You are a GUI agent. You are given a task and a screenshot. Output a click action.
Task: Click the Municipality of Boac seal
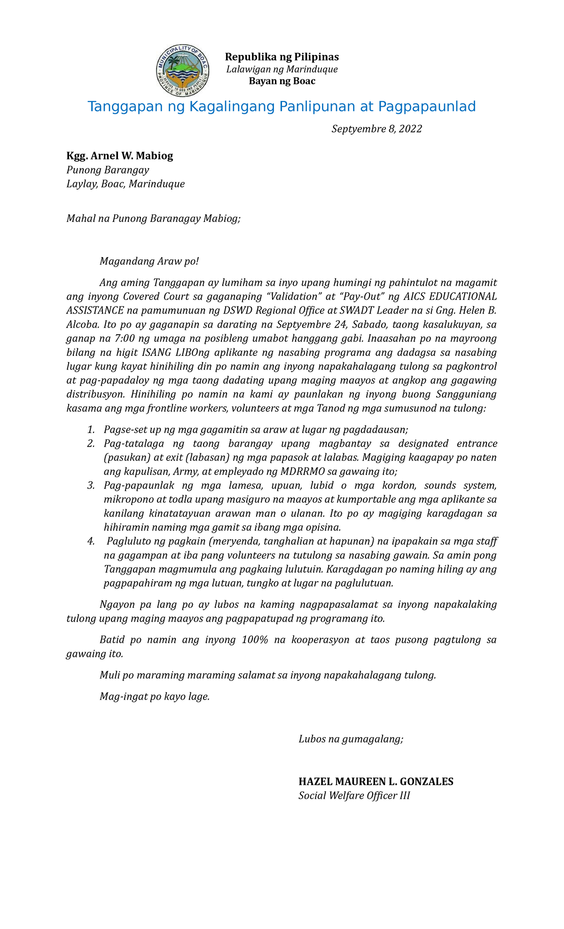point(182,71)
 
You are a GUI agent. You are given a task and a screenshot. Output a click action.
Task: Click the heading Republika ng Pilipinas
point(282,57)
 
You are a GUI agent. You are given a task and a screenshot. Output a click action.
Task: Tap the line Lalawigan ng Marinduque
point(282,70)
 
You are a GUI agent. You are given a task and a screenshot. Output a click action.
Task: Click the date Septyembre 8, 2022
point(376,129)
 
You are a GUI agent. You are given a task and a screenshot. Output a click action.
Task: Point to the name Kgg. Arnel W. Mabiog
point(120,156)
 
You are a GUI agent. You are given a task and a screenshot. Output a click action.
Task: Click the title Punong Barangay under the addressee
point(108,170)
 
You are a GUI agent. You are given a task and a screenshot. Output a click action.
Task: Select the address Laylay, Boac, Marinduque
point(125,184)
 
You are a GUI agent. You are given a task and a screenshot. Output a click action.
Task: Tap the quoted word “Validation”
point(292,297)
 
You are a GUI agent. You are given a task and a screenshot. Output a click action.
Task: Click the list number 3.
point(91,485)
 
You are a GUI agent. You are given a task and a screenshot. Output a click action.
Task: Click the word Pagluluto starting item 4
point(129,542)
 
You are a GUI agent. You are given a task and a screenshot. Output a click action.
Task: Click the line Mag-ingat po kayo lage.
point(154,697)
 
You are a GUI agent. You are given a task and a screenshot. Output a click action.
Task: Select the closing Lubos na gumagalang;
point(351,739)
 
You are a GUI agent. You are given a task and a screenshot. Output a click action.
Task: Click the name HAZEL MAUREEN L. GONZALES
point(376,782)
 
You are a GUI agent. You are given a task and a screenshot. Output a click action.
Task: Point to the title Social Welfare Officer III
point(354,796)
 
